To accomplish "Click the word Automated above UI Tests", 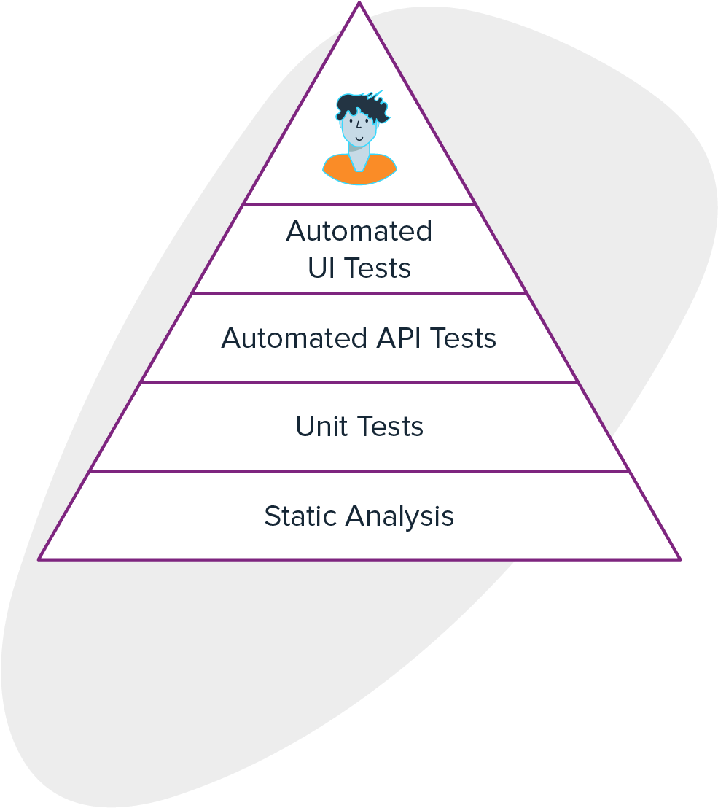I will (x=359, y=231).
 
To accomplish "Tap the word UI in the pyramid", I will (x=321, y=268).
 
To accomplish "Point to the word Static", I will (x=300, y=516).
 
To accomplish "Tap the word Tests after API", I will (x=462, y=338).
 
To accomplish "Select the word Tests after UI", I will (x=377, y=268).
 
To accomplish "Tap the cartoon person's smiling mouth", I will (x=359, y=137).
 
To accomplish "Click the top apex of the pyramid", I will (x=359, y=4).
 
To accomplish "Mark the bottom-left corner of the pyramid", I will (x=39, y=559).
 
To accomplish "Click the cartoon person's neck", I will (x=359, y=156).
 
